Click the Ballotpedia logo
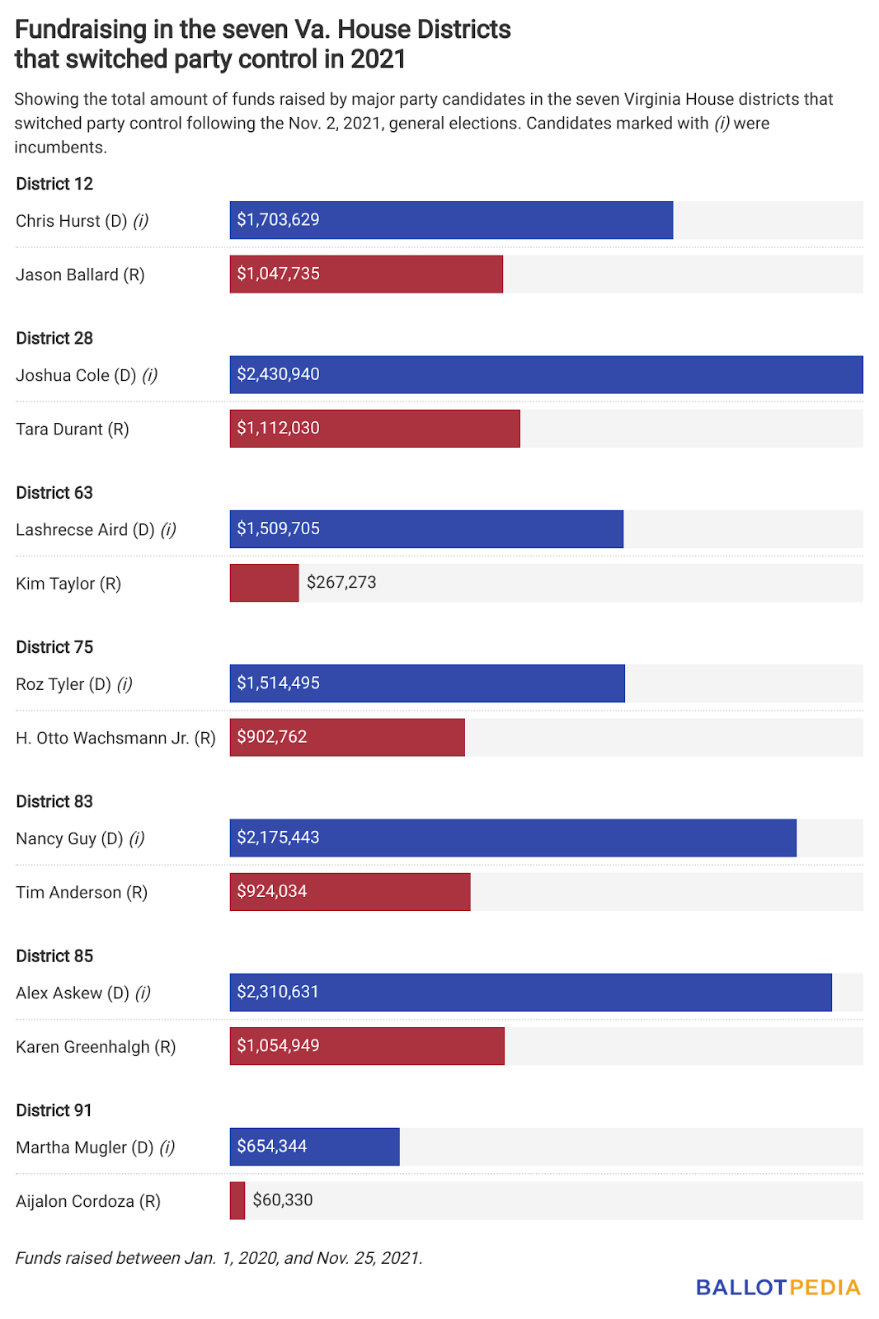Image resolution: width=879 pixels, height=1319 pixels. pos(778,1287)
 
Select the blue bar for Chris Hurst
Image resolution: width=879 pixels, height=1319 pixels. pos(451,220)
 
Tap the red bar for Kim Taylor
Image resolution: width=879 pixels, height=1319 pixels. pos(264,583)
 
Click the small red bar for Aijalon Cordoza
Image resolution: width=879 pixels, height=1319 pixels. pos(237,1200)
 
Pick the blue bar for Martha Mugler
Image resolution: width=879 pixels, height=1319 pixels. pos(314,1147)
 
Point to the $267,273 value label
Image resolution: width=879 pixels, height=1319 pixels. pos(341,582)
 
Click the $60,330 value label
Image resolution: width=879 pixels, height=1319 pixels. pos(283,1199)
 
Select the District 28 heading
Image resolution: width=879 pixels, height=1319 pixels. pos(54,338)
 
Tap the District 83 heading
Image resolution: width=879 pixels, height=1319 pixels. pos(54,801)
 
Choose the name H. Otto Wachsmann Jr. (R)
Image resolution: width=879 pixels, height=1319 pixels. pos(115,738)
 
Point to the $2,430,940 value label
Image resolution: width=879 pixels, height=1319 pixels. pos(278,374)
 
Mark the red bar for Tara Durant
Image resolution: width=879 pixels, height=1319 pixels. pos(374,429)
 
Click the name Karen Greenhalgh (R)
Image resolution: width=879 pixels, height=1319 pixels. pos(96,1047)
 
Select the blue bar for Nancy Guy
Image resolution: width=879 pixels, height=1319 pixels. pos(513,838)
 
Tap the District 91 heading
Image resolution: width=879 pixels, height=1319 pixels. pos(54,1110)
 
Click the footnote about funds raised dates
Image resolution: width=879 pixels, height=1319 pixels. pos(219,1258)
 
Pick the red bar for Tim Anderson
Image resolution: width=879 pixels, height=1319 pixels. pos(350,892)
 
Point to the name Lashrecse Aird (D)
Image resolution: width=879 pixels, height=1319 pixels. pos(85,529)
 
